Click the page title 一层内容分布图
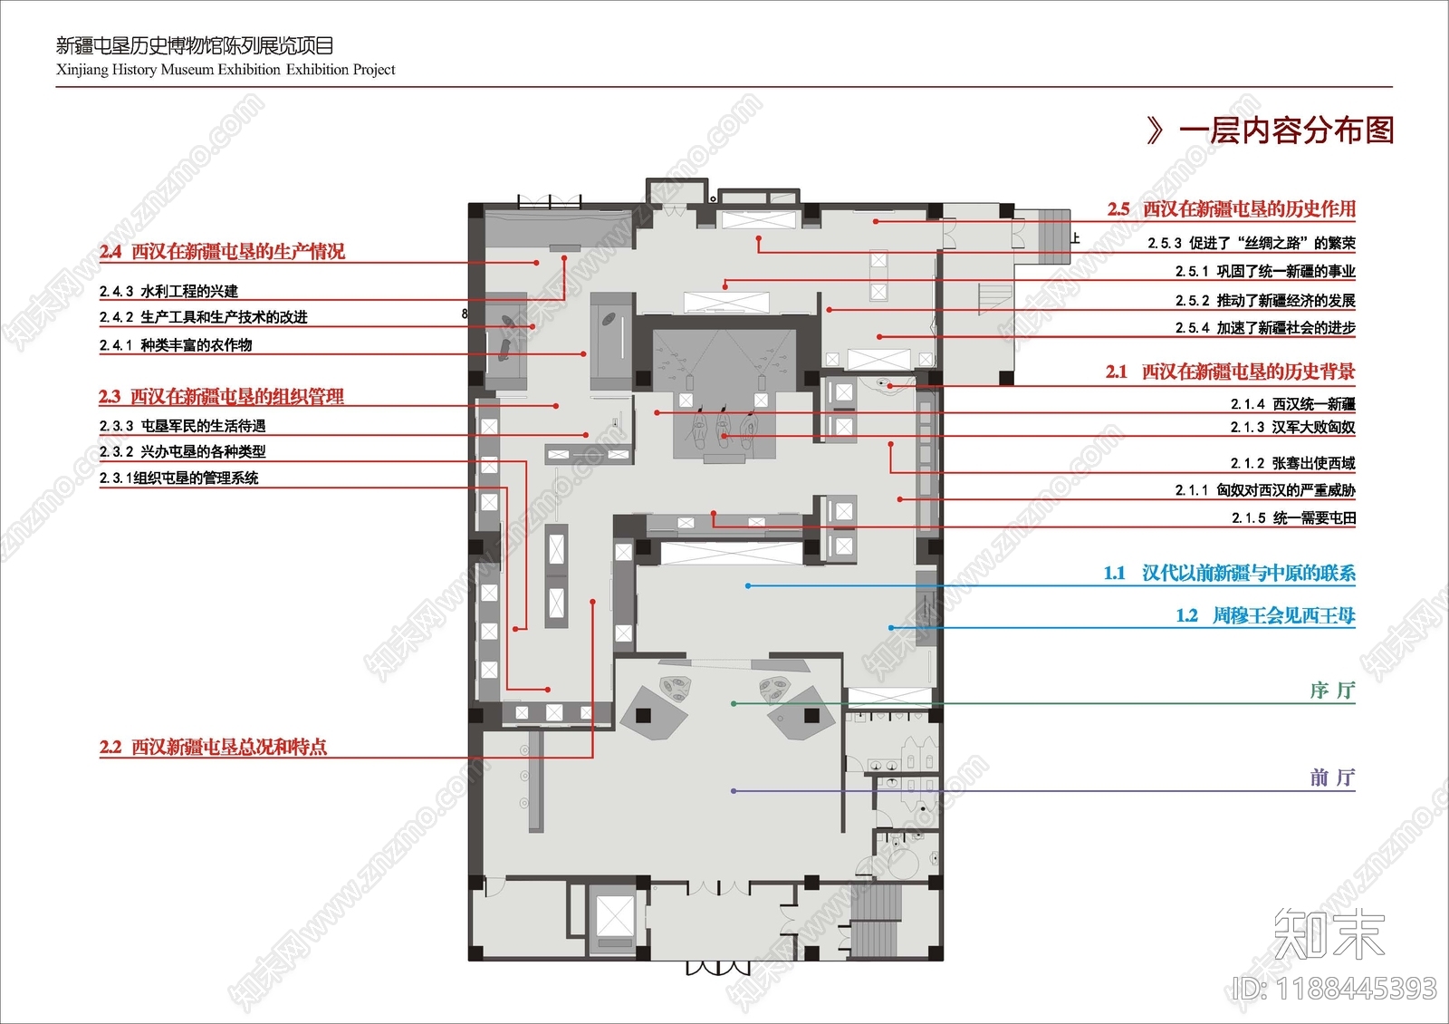click(1286, 130)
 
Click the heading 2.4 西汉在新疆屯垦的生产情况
click(222, 251)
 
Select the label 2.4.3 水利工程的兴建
click(168, 291)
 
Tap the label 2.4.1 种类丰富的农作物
click(176, 345)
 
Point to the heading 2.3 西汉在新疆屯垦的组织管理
click(221, 396)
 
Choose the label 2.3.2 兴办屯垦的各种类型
click(182, 451)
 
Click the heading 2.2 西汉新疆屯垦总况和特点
click(213, 747)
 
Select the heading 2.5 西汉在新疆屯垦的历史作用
click(1231, 208)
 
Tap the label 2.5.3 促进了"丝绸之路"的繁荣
click(1252, 243)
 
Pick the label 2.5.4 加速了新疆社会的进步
click(1265, 327)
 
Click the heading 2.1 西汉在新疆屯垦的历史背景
click(1231, 372)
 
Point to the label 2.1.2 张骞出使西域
click(1293, 463)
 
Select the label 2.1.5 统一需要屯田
click(1294, 517)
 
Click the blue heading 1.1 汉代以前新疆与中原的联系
click(1229, 573)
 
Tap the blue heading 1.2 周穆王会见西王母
click(1265, 615)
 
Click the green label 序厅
click(1332, 691)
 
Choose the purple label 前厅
click(1332, 778)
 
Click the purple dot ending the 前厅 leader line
click(733, 791)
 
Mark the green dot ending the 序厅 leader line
click(733, 703)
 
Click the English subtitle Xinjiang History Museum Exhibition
click(168, 69)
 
